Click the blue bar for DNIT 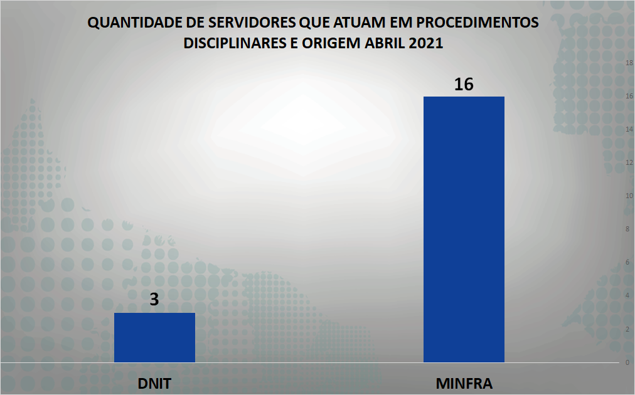tap(154, 337)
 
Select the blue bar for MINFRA tap(464, 229)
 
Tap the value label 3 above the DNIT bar tap(154, 300)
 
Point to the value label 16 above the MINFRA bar tap(464, 84)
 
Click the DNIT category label tap(154, 384)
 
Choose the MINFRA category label tap(464, 384)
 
